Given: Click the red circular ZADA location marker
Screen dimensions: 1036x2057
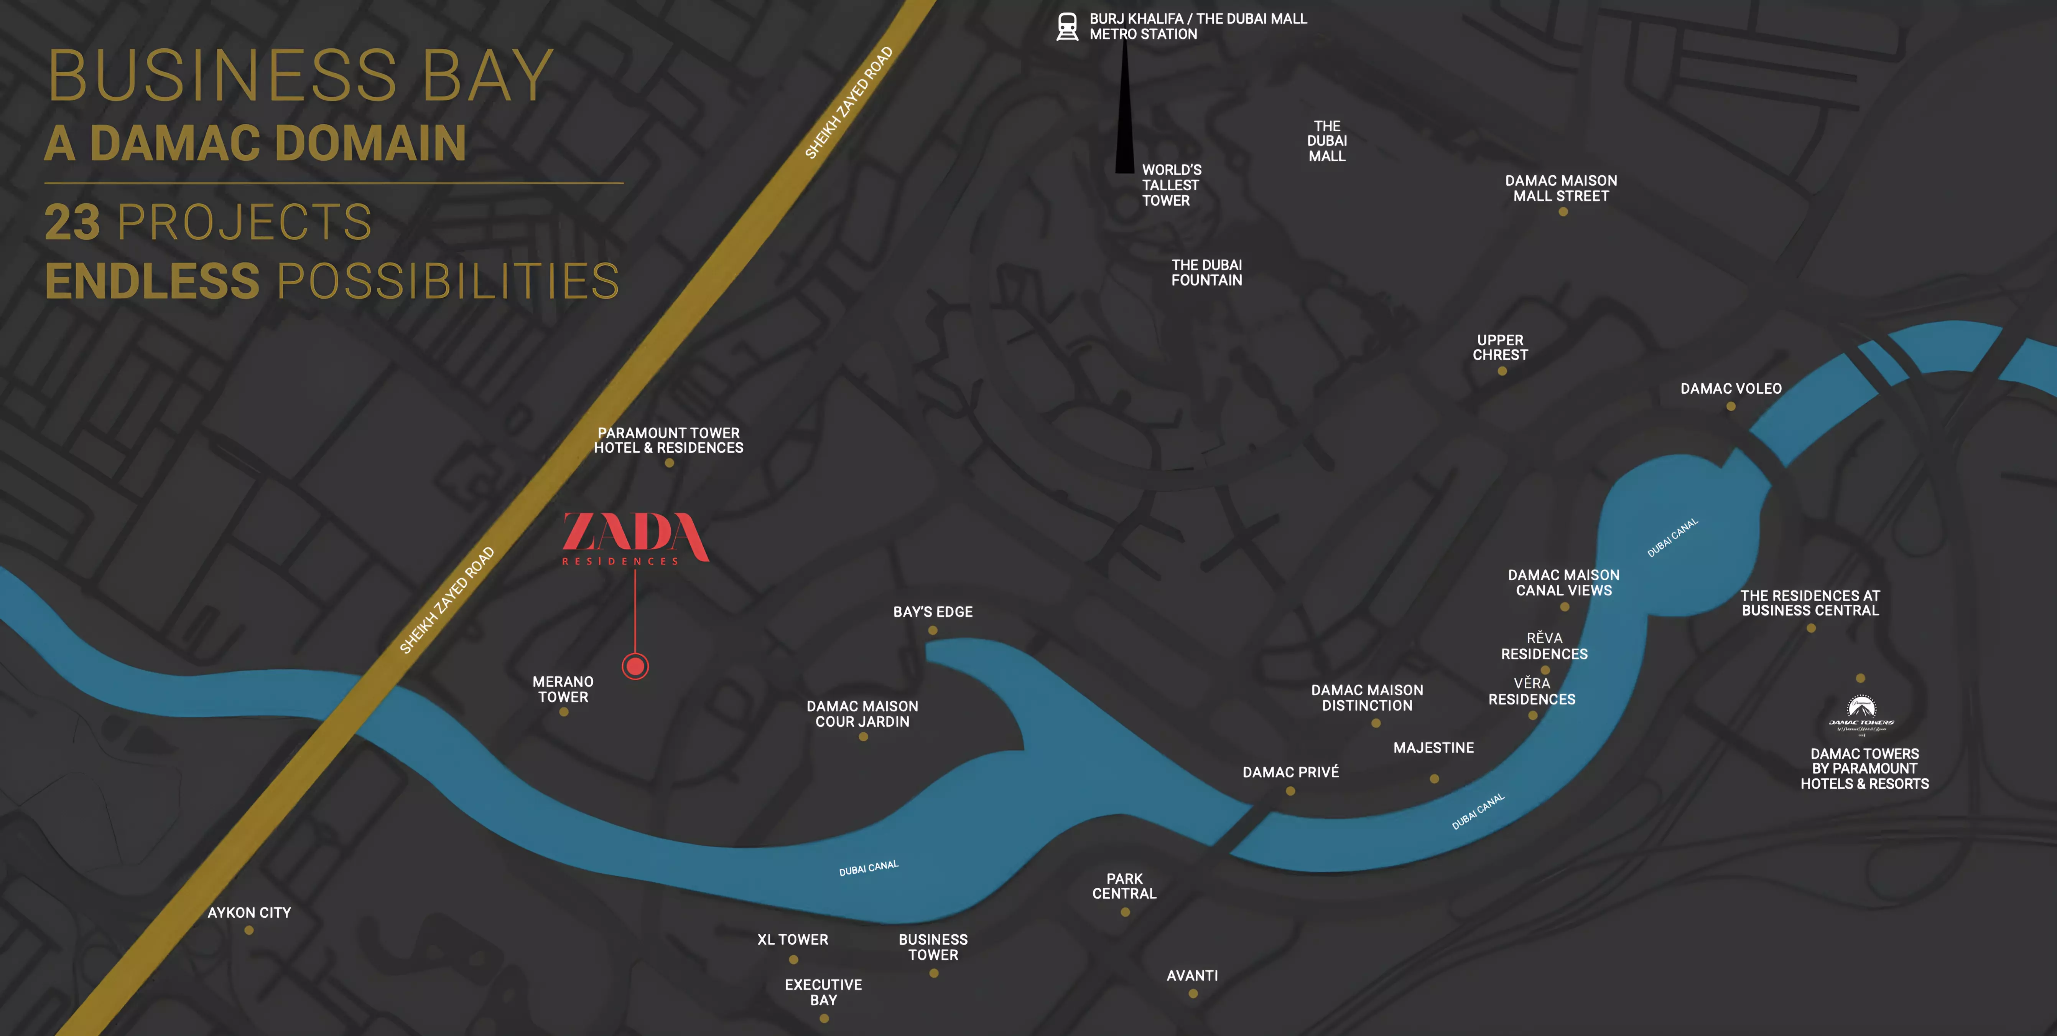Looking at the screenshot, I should point(636,665).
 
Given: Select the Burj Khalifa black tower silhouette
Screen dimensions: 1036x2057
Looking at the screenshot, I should point(1124,112).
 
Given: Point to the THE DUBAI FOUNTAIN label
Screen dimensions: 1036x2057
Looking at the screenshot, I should point(1206,272).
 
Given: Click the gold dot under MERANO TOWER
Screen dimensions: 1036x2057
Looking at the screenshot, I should point(564,712).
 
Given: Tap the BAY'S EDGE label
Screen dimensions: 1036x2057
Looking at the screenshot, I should point(933,612).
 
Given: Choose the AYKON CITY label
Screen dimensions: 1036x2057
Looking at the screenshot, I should point(249,912).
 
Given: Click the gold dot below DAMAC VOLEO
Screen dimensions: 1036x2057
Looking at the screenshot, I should point(1730,407).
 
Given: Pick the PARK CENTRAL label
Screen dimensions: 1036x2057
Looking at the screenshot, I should point(1124,886).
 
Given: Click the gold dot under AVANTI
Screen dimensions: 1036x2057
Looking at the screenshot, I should point(1193,994).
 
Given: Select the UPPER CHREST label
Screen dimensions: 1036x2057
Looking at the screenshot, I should point(1501,348).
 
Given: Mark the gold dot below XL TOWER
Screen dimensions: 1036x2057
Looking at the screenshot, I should point(793,959).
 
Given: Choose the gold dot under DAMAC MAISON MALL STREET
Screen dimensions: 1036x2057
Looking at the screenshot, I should point(1563,212).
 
